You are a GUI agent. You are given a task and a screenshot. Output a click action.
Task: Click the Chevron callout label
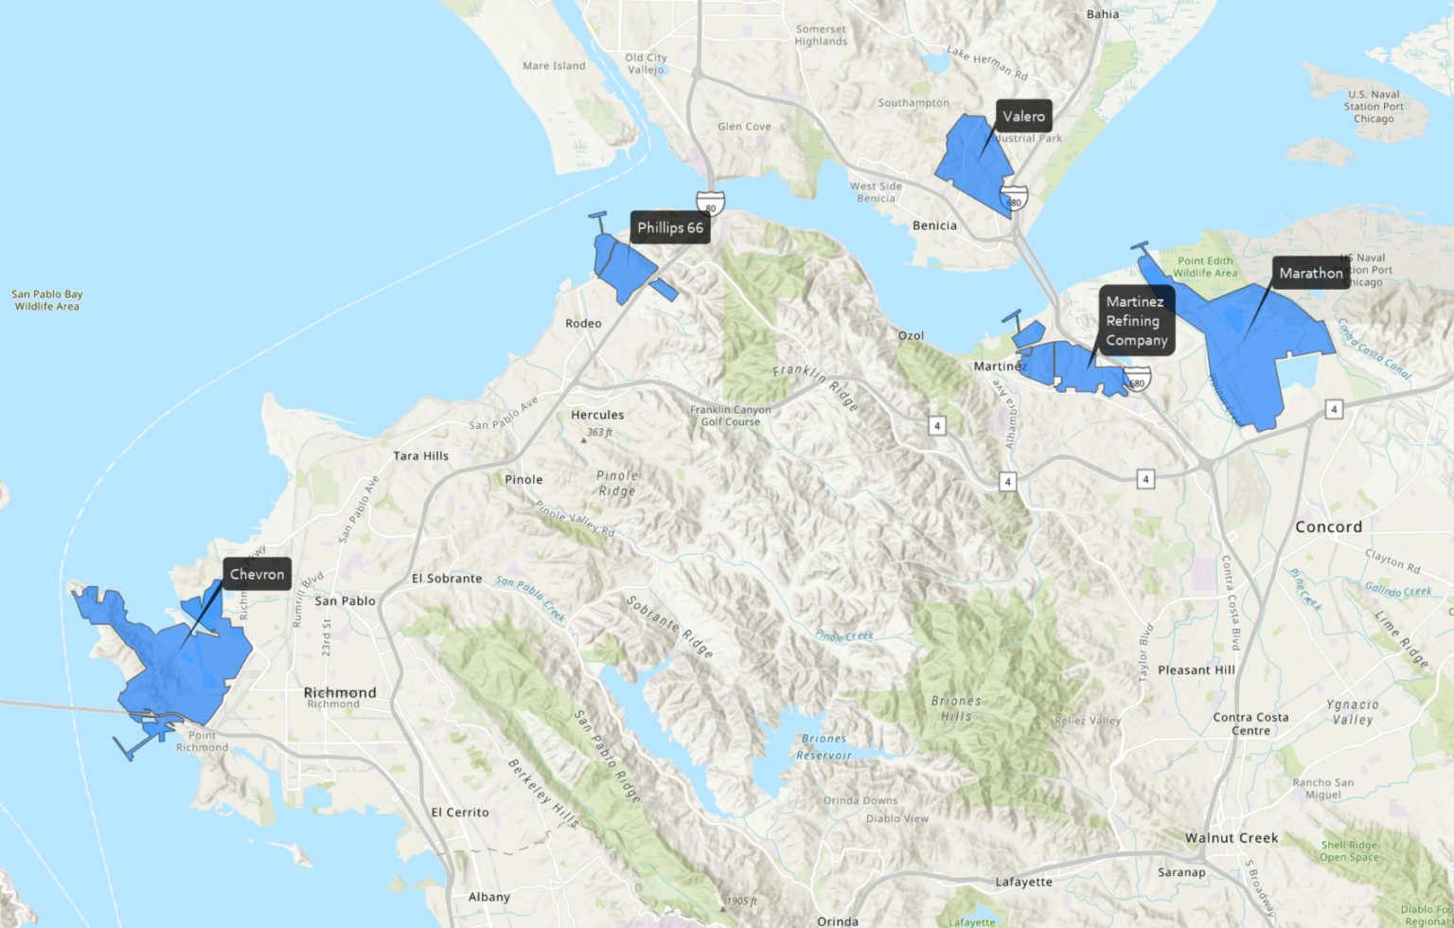click(x=257, y=574)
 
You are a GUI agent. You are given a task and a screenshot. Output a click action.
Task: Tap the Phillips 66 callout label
click(x=670, y=227)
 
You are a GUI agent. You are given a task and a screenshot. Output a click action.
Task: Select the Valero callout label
click(x=1023, y=116)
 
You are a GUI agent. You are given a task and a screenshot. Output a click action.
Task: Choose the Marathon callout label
click(x=1310, y=273)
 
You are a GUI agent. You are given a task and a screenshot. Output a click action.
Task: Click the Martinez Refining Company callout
click(x=1136, y=321)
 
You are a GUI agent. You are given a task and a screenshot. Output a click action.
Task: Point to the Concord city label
click(x=1328, y=526)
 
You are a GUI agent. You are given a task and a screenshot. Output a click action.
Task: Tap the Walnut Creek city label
click(x=1232, y=837)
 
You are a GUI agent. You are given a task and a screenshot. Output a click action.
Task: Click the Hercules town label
click(x=597, y=415)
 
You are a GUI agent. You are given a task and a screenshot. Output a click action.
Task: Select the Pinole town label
click(x=523, y=479)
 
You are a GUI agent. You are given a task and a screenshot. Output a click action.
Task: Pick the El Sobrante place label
click(x=447, y=578)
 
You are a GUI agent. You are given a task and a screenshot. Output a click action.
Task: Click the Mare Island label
click(x=554, y=65)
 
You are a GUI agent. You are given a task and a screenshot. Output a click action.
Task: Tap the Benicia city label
click(x=934, y=225)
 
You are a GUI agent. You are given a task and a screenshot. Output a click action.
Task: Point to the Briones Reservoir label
click(x=824, y=746)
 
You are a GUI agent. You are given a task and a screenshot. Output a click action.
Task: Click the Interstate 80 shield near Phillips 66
click(x=710, y=204)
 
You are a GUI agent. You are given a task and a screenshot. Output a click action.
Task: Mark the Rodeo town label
click(x=583, y=323)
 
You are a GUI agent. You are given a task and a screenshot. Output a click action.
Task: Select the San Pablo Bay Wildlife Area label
click(x=47, y=300)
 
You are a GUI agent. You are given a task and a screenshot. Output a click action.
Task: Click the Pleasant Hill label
click(x=1197, y=669)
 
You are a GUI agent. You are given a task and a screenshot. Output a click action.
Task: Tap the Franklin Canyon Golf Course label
click(x=730, y=416)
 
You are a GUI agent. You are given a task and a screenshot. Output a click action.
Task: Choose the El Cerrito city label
click(x=460, y=812)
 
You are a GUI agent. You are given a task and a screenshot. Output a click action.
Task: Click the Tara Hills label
click(x=421, y=455)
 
